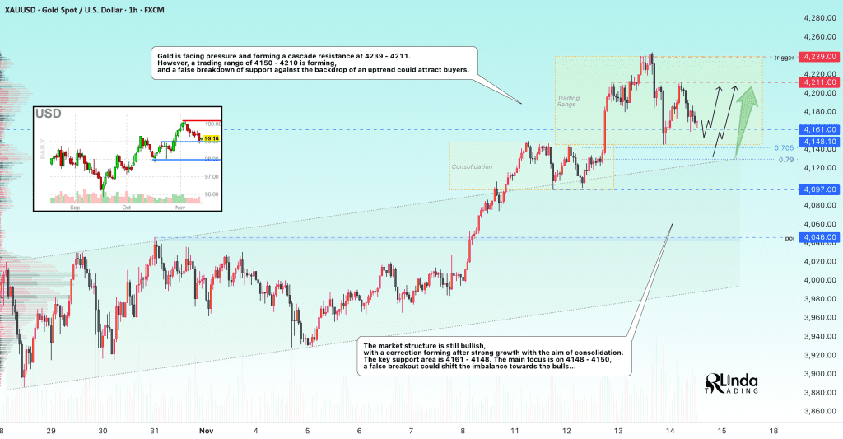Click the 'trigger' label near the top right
(x=783, y=58)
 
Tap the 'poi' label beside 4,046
(x=789, y=238)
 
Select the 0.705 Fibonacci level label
(x=785, y=148)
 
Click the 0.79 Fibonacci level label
(x=786, y=159)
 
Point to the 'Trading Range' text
(x=567, y=101)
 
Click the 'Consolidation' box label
(x=472, y=167)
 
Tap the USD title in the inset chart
(x=47, y=114)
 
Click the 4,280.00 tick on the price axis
(x=821, y=17)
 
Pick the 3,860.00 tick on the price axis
(x=821, y=410)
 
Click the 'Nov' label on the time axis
(x=206, y=431)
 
